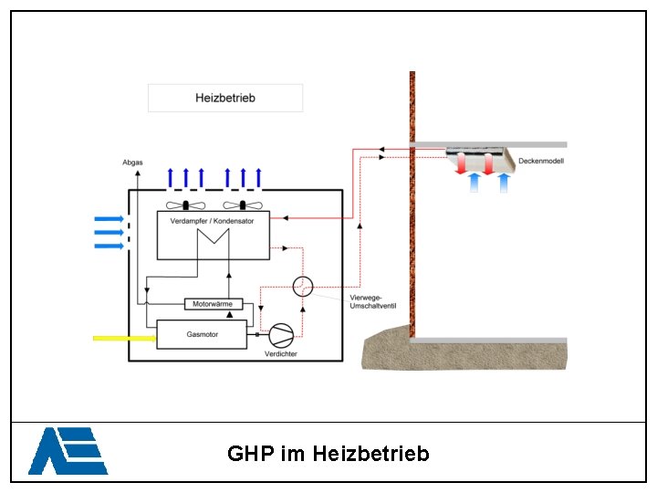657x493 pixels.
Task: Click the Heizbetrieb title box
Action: (x=225, y=98)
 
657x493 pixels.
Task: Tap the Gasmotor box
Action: (x=202, y=334)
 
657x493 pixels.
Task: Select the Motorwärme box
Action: (x=214, y=304)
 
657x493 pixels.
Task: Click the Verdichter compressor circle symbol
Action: (x=281, y=335)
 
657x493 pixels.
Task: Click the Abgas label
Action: (x=132, y=163)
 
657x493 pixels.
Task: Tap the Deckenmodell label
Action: (x=541, y=161)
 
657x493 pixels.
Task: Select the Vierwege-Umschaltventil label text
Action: (x=373, y=302)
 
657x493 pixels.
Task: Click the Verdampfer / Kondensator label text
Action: (x=212, y=221)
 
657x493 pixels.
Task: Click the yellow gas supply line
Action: (x=124, y=339)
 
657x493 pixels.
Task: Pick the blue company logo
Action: (x=68, y=451)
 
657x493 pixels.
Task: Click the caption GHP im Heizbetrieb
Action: (x=328, y=454)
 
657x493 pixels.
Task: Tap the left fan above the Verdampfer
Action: (x=185, y=205)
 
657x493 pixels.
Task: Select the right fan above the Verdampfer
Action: (x=243, y=205)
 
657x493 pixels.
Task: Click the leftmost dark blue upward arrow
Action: (x=170, y=178)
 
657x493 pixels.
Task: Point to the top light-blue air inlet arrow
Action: (x=109, y=219)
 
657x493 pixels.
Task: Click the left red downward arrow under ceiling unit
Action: (x=461, y=163)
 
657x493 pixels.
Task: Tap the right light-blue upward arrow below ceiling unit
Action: (x=504, y=183)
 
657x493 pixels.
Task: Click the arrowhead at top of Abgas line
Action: (x=138, y=173)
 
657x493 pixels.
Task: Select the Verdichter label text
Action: (x=281, y=354)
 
